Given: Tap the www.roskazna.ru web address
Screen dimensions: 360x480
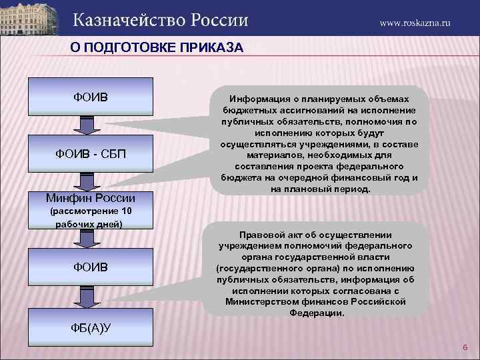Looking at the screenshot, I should pos(415,22).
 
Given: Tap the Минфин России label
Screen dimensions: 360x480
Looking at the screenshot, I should pos(91,198).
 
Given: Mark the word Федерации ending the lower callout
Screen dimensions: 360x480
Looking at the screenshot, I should pos(317,313).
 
